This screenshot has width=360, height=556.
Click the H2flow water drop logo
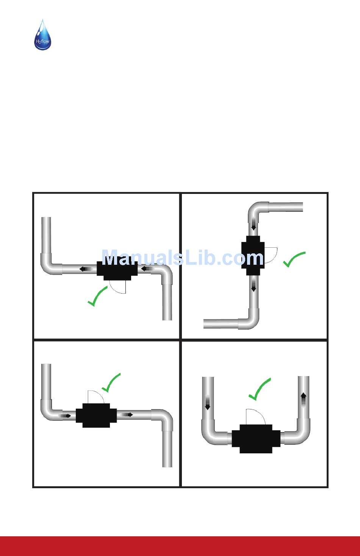coord(42,35)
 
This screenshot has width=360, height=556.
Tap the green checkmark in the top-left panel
coord(97,297)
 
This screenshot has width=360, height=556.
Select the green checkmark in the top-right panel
coord(293,259)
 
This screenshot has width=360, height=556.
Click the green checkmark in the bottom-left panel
coord(111,383)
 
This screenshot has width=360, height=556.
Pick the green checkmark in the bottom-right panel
coord(259,390)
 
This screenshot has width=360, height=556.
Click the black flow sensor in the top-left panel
coord(117,269)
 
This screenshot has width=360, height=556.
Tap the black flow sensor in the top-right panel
coord(253,256)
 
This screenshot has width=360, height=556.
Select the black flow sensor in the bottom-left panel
coord(96,415)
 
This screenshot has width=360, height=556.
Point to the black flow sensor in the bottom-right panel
coord(256,439)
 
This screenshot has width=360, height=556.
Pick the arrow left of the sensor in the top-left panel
coord(85,269)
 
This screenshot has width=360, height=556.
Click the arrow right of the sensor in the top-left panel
coord(147,269)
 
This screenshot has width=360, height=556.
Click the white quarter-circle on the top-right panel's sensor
coord(269,255)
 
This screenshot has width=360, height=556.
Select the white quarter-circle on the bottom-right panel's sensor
coord(255,417)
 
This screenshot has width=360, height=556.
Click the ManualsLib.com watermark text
coord(183,258)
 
